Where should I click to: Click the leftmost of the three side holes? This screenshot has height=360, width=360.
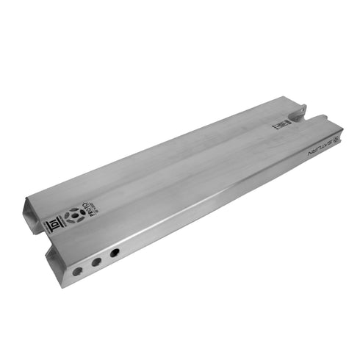[x=78, y=271]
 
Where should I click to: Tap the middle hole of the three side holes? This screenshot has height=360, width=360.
[x=96, y=262]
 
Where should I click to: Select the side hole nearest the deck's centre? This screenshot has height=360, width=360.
[x=115, y=252]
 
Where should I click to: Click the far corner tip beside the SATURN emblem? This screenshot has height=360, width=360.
[x=339, y=133]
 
